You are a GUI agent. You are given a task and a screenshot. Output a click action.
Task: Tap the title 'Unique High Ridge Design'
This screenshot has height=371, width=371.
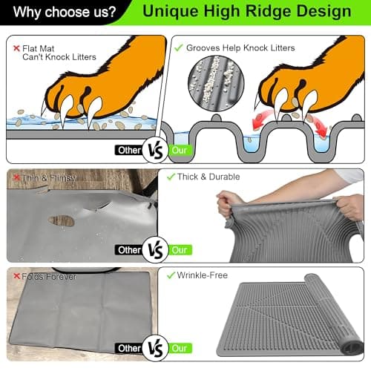[247, 12]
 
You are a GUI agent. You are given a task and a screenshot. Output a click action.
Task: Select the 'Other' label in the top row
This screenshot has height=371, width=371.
[128, 150]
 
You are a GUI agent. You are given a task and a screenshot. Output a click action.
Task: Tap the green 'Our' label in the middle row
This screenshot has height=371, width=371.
[180, 249]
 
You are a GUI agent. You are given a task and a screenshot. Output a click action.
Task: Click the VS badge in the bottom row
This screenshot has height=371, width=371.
[154, 347]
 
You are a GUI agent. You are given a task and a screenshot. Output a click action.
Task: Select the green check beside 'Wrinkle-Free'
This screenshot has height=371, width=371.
[170, 275]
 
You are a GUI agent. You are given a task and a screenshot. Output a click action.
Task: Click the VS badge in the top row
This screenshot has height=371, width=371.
[154, 150]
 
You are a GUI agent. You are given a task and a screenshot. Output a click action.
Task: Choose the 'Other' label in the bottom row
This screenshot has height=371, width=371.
[129, 348]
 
